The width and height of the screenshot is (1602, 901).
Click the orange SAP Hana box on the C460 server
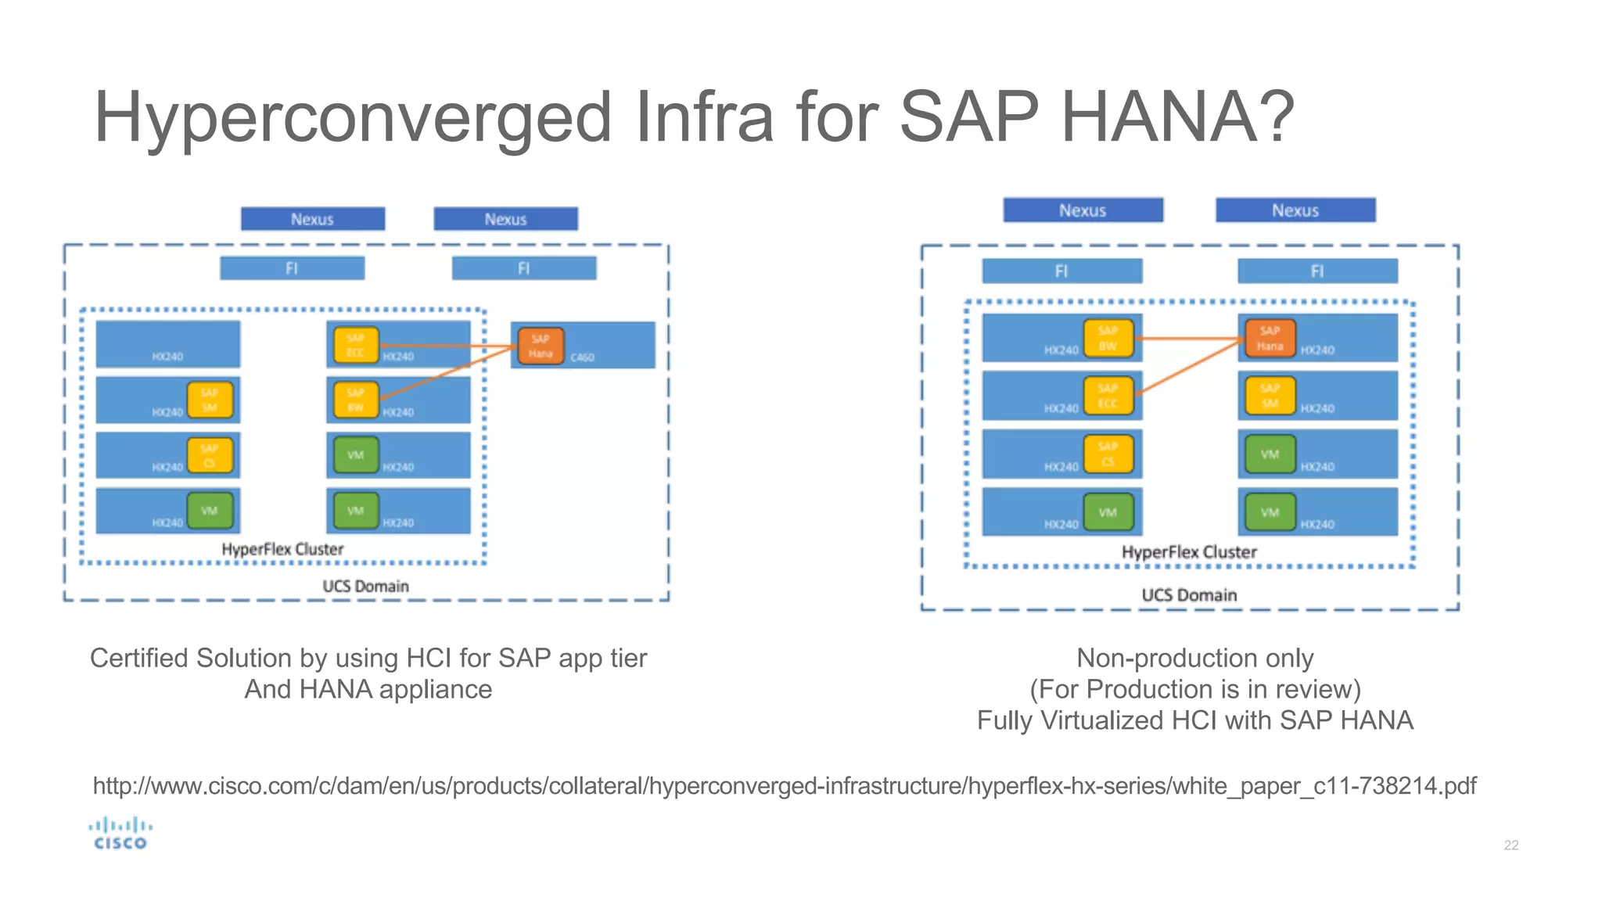pos(540,346)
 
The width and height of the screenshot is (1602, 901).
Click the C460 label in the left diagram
pos(582,357)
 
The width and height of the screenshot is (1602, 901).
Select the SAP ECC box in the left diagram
pos(356,346)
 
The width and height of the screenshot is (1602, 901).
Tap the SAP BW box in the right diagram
pos(1108,339)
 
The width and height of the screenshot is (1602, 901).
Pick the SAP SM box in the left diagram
pos(209,400)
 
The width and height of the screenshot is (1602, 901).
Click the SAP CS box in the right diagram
pos(1108,454)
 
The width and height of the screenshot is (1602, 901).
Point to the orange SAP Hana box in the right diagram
pos(1270,339)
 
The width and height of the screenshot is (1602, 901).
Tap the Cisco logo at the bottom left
pos(120,834)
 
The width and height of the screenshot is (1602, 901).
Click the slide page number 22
pos(1510,845)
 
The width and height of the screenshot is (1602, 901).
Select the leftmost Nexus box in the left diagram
pos(312,219)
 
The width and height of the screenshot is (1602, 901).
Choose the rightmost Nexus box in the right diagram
pos(1295,210)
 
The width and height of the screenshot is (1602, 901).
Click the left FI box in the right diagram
pos(1061,271)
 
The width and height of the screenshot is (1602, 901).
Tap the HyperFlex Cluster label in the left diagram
pos(282,550)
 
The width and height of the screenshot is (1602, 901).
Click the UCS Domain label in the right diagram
pos(1189,595)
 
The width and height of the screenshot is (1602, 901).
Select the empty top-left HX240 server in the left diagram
pos(167,344)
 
